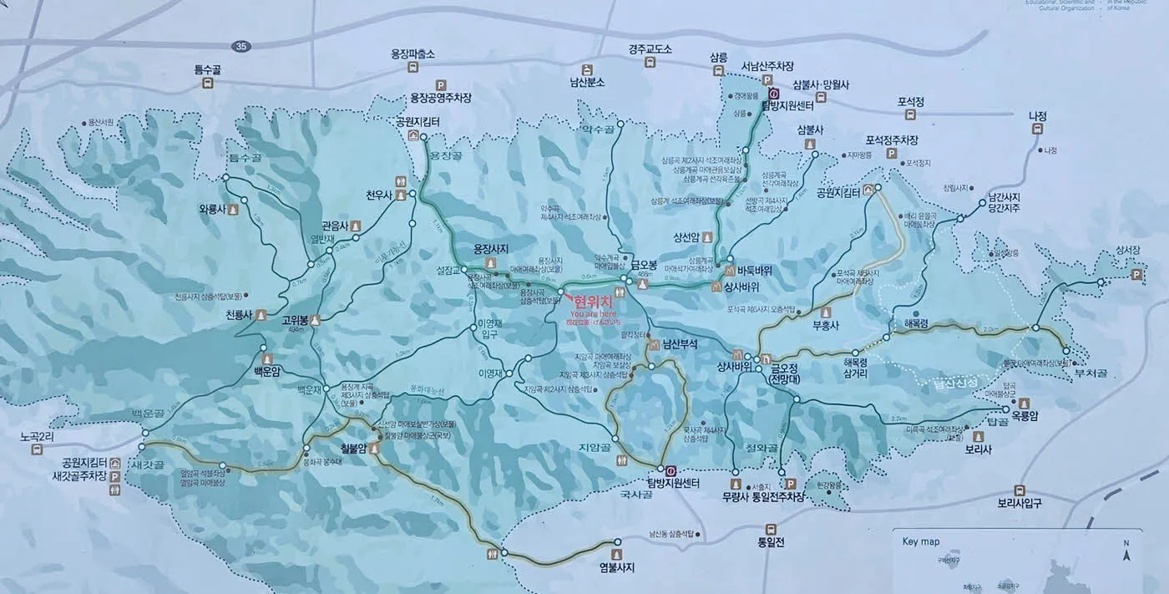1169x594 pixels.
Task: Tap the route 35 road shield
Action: coord(241,44)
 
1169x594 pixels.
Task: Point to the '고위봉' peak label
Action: coord(296,319)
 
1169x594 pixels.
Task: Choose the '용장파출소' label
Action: coord(413,54)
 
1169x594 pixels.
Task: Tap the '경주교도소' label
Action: coord(650,49)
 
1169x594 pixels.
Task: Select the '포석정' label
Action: coord(911,102)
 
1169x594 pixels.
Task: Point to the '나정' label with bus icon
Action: coord(1037,116)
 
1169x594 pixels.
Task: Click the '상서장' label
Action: coord(1127,250)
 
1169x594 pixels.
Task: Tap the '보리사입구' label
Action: coord(1020,503)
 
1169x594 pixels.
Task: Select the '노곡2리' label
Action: coord(38,436)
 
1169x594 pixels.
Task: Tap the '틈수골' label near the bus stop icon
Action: coord(210,69)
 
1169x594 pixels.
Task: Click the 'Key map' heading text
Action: coord(921,541)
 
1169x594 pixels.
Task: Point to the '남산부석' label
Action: coord(680,343)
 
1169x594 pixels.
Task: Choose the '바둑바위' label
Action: coord(754,271)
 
